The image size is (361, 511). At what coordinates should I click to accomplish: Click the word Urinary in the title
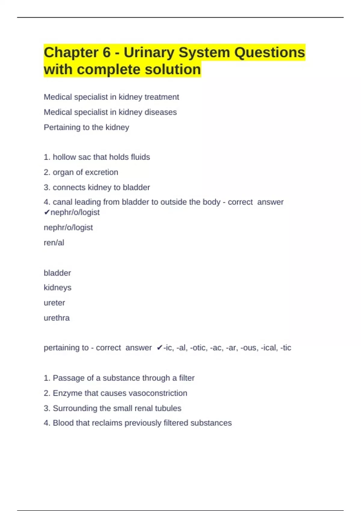(149, 53)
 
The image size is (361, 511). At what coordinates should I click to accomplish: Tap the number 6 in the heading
(107, 53)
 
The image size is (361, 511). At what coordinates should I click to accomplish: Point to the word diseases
(161, 112)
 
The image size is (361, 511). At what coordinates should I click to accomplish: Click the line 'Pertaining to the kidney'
(86, 127)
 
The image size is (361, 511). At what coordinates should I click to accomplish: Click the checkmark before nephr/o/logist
(47, 213)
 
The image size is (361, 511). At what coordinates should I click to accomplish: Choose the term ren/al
(54, 243)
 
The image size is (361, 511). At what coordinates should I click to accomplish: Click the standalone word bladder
(57, 273)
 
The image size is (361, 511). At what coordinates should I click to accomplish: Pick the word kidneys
(57, 288)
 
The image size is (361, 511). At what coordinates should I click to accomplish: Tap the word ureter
(54, 303)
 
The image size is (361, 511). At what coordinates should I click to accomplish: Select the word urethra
(57, 318)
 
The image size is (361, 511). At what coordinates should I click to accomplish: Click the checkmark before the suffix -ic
(159, 348)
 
